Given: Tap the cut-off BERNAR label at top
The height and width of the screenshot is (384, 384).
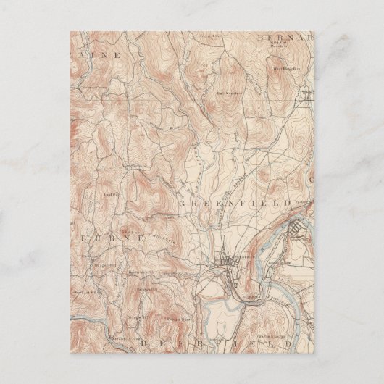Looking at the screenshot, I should coord(286,36).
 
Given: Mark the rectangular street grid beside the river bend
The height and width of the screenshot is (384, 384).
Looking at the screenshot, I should coord(298,232).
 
